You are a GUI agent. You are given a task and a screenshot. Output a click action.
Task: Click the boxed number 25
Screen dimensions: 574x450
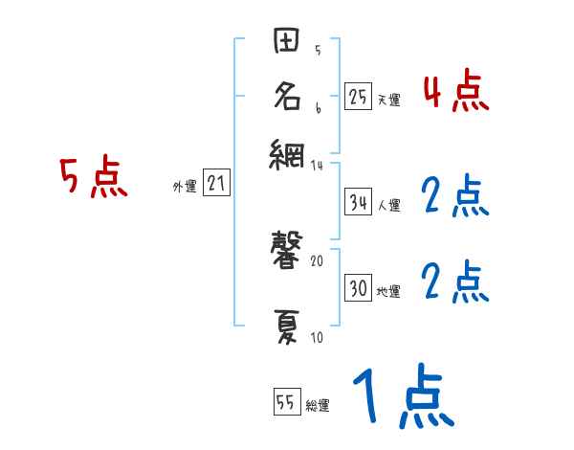click(358, 96)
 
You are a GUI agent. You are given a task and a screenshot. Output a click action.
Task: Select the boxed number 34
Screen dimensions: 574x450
click(358, 203)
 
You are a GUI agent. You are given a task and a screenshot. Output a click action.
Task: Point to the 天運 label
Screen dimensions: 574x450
click(388, 99)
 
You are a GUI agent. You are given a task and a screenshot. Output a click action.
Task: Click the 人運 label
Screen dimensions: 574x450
click(388, 205)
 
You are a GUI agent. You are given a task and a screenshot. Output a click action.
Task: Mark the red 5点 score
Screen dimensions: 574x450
click(94, 179)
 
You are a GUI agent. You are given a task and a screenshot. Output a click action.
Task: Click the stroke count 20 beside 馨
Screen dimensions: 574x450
click(318, 260)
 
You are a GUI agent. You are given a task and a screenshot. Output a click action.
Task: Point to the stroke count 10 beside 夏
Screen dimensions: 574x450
click(318, 337)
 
